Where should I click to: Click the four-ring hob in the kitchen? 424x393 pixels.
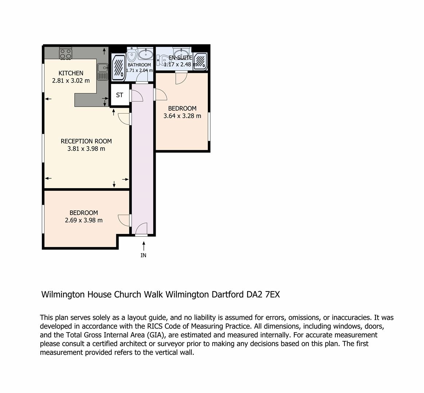tap(66, 53)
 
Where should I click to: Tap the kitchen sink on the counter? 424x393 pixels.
tap(103, 72)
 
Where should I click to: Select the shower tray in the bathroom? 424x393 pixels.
tap(118, 67)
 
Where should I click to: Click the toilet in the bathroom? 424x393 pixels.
tap(132, 55)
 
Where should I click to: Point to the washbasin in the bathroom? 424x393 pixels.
tap(146, 54)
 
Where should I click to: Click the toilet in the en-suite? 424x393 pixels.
tap(163, 60)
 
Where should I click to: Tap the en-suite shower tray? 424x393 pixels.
tap(201, 61)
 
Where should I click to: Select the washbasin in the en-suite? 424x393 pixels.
tap(182, 53)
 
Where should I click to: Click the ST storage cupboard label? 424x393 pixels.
tap(120, 95)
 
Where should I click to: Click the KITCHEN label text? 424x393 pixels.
tap(71, 73)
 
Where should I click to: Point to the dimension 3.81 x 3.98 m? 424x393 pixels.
tap(86, 149)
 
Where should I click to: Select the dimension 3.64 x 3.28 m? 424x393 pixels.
tap(182, 116)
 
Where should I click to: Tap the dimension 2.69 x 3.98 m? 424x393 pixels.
tap(84, 220)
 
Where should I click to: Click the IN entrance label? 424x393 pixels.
tap(143, 255)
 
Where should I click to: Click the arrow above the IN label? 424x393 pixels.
tap(144, 246)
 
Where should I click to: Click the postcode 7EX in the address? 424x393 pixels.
tap(272, 294)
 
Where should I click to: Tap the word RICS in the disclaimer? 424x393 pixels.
tap(155, 326)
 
